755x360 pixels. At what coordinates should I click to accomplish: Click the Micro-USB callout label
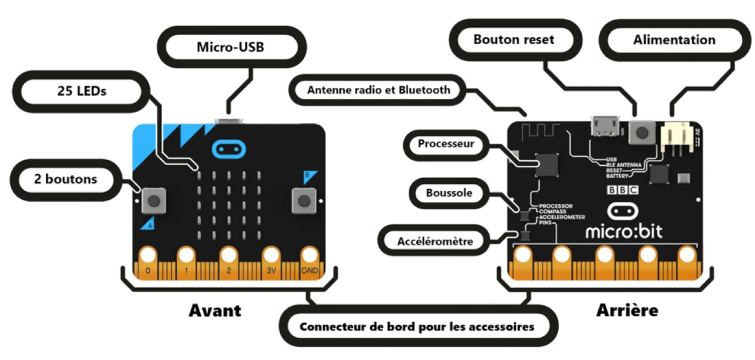point(230,47)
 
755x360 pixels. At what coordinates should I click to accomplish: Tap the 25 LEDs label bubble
point(82,91)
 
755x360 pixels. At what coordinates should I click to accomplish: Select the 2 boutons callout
point(66,179)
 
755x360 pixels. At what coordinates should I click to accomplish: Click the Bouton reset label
point(514,40)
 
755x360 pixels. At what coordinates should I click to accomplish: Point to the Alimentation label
point(674,40)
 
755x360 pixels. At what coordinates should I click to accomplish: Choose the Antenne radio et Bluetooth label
point(378,90)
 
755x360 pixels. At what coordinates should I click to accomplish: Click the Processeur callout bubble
point(446,144)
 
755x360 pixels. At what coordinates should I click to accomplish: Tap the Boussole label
point(449,193)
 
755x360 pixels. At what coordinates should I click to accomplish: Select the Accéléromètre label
point(435,241)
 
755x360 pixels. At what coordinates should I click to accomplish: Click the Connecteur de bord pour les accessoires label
point(417,327)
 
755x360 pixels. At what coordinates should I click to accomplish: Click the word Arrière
point(627,310)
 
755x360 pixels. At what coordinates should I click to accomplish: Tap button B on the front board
point(304,201)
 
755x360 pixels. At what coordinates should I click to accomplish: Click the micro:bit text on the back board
point(624,231)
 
